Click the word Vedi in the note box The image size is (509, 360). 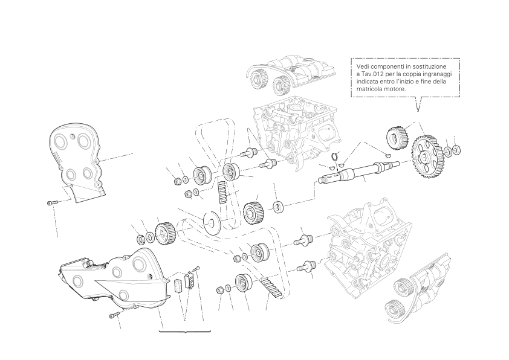[363, 66]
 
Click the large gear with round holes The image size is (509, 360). [427, 157]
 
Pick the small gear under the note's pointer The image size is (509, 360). [397, 137]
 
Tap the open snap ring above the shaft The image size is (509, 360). [334, 157]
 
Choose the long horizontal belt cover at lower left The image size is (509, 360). [114, 277]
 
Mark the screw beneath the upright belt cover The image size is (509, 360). [52, 203]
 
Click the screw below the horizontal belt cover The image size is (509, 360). [115, 314]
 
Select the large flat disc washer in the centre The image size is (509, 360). [212, 222]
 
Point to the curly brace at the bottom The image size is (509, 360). [185, 332]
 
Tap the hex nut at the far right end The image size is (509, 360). [457, 150]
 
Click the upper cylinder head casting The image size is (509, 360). [296, 132]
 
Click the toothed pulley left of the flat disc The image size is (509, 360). [165, 233]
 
